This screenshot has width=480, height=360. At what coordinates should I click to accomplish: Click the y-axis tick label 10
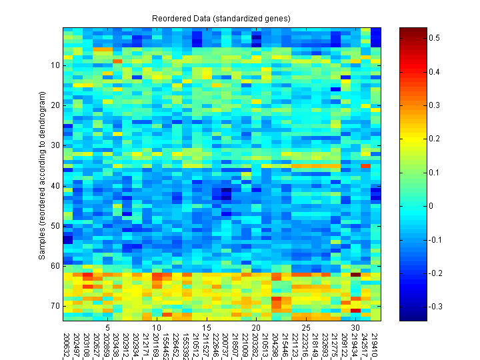[x=55, y=65]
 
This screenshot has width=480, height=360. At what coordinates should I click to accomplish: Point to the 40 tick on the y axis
[x=55, y=185]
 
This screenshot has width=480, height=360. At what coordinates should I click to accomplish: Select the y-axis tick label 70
[x=55, y=306]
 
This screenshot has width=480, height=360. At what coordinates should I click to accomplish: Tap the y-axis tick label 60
[x=55, y=266]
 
